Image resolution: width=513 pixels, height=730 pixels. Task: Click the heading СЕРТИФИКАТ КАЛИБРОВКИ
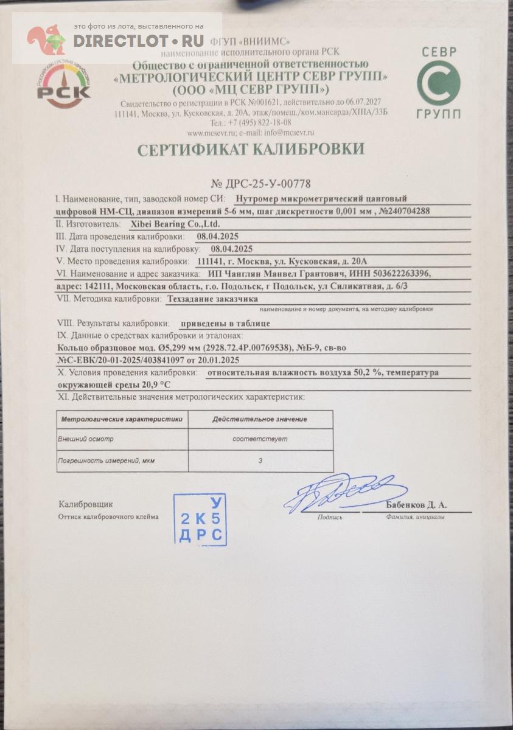(251, 150)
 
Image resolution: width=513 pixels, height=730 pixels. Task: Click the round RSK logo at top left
(63, 85)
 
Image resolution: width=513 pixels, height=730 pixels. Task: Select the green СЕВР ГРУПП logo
(438, 83)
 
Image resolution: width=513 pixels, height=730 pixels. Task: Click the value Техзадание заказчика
(212, 299)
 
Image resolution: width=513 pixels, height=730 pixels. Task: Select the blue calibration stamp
(200, 520)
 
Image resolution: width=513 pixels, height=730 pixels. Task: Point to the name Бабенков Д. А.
(416, 505)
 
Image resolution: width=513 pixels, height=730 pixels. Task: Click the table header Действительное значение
(260, 419)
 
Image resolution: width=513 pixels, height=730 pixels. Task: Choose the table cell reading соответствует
(260, 439)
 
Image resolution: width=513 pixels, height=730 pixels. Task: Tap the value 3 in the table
(260, 461)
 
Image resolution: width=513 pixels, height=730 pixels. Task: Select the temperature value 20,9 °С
(155, 385)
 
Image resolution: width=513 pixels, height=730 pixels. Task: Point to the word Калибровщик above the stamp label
(86, 504)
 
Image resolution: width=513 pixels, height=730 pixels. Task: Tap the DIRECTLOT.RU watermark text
(138, 41)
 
